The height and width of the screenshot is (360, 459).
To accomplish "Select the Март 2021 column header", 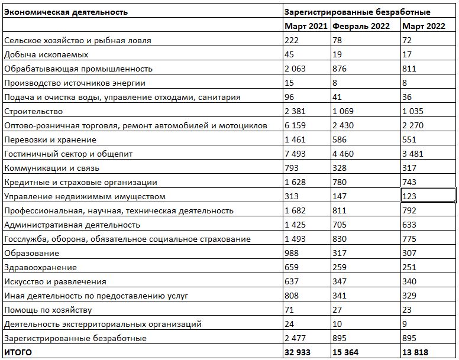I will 306,26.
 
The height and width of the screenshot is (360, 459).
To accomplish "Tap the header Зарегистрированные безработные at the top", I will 357,12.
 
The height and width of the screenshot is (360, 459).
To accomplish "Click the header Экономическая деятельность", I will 66,12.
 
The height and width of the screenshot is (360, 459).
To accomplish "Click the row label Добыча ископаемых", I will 46,54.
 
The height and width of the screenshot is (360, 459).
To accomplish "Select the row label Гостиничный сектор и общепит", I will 68,154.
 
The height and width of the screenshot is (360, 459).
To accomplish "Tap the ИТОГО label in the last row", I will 18,352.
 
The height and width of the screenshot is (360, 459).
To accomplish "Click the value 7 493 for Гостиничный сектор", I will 295,154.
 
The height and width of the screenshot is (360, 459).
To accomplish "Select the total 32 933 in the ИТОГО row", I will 298,352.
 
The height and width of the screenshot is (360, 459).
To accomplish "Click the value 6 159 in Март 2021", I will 295,125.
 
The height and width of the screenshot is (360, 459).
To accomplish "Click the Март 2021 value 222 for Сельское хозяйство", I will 292,40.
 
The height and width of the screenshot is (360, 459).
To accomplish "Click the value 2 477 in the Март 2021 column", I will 295,338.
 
